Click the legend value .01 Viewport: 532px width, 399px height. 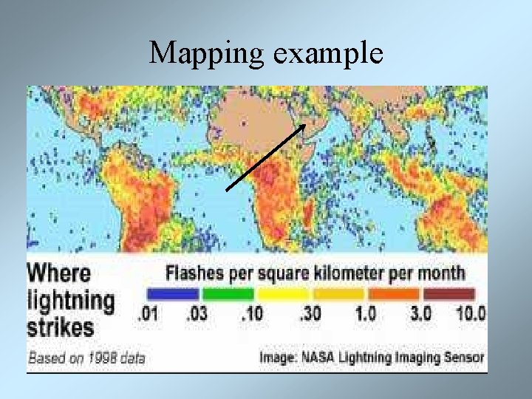click(x=149, y=313)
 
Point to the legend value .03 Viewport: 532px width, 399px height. click(x=197, y=313)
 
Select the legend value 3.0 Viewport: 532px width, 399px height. click(x=420, y=313)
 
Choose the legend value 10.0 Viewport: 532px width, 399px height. click(x=471, y=313)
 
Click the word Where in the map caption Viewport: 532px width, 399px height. click(x=59, y=273)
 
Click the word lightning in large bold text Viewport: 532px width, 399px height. click(x=71, y=301)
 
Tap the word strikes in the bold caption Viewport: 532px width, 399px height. click(x=61, y=327)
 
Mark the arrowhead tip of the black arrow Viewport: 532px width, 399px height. click(x=306, y=124)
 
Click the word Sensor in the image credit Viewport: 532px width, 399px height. click(x=463, y=358)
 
